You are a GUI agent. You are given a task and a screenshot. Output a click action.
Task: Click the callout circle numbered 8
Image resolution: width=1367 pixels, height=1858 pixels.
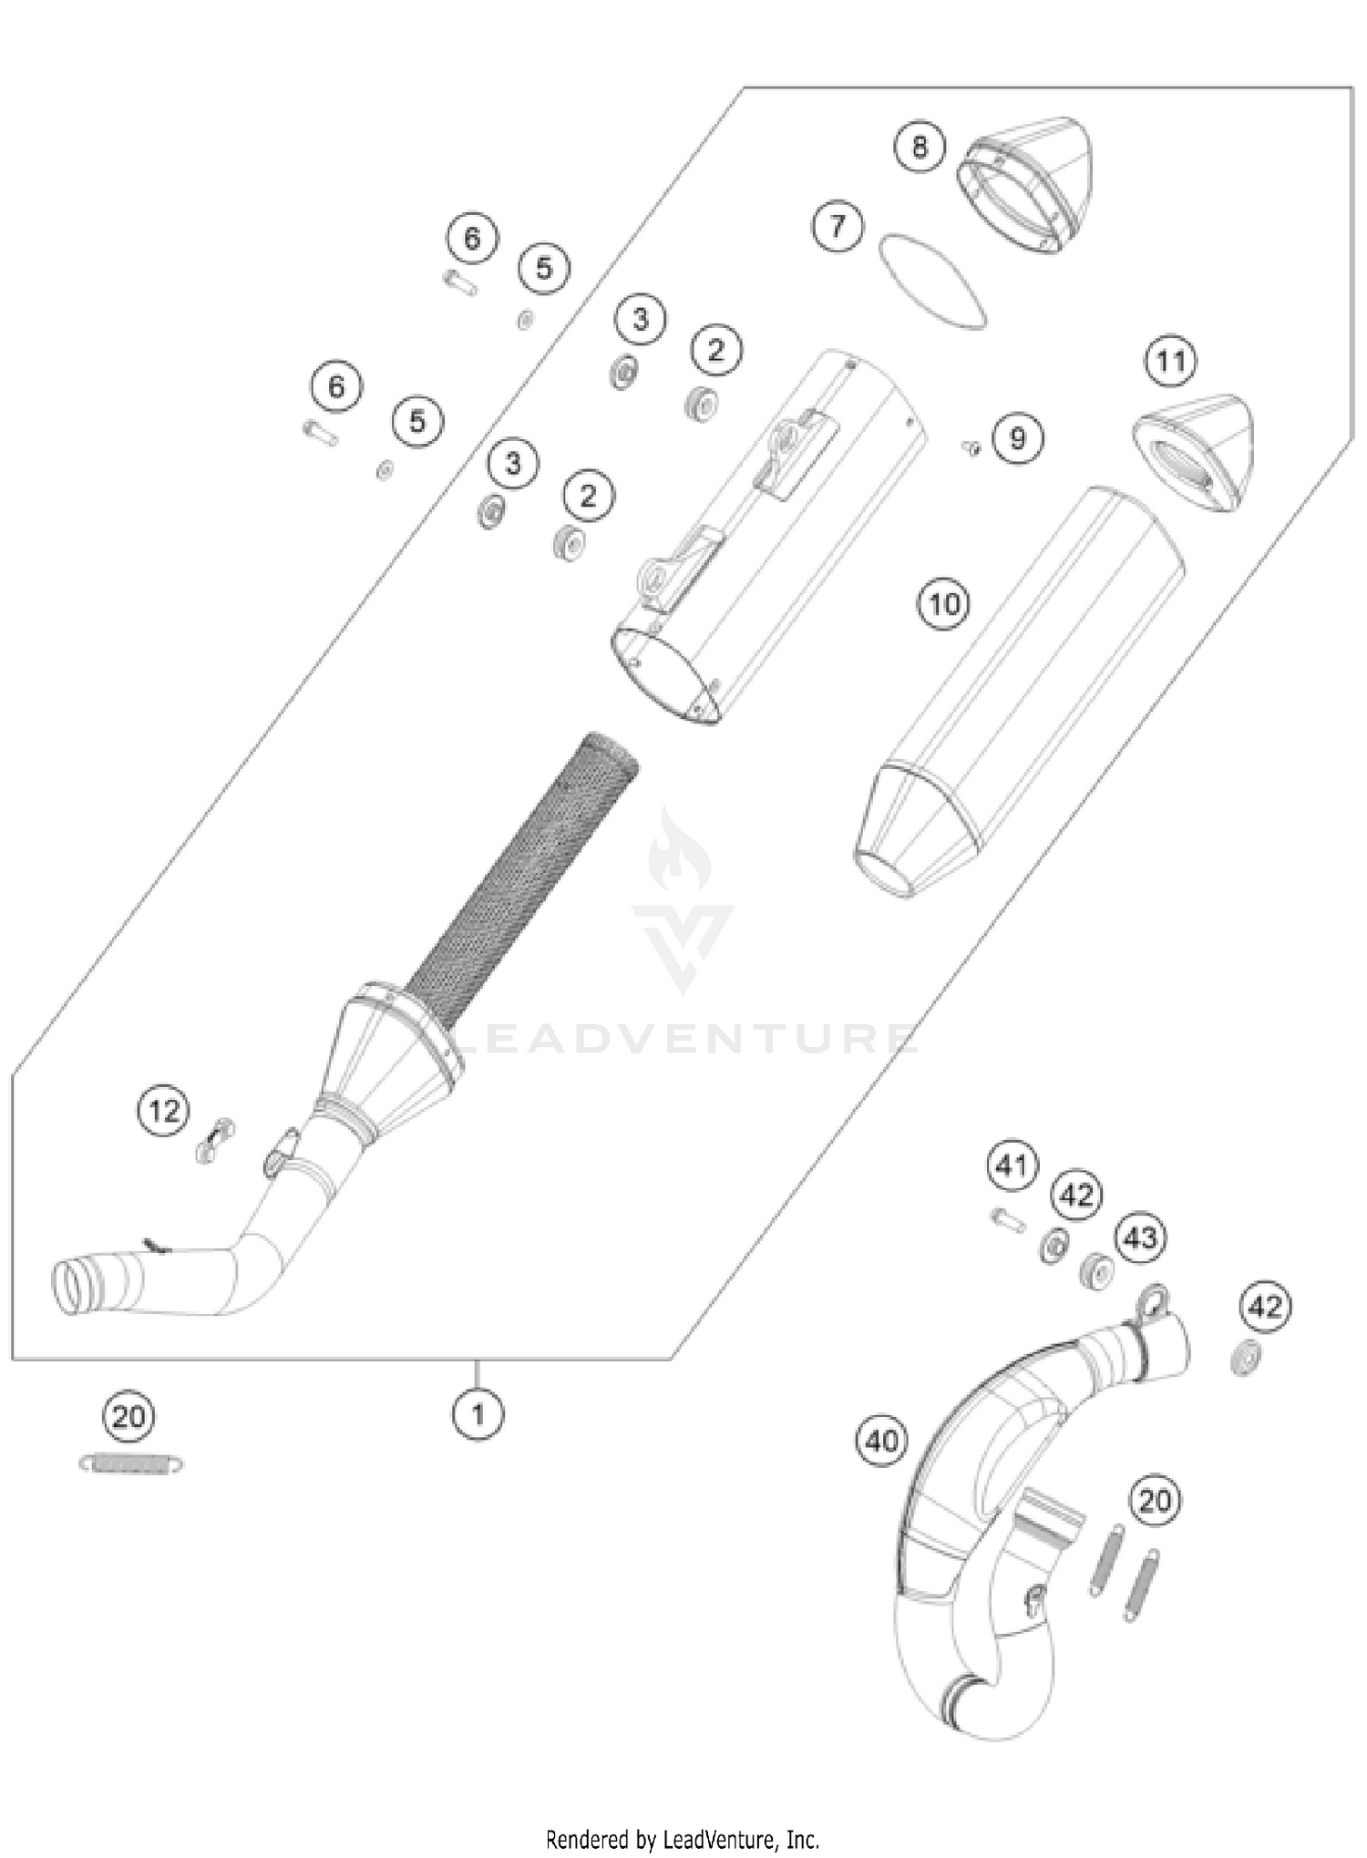(x=919, y=146)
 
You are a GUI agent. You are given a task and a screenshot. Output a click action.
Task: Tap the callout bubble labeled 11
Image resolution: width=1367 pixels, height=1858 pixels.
(x=1170, y=362)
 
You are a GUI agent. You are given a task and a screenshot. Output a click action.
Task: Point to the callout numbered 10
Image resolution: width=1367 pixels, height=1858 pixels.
(x=944, y=603)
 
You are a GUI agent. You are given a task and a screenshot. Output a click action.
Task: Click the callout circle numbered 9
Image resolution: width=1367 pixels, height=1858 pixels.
(x=1017, y=439)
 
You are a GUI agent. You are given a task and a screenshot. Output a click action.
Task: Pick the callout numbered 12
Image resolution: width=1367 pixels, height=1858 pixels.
(x=164, y=1111)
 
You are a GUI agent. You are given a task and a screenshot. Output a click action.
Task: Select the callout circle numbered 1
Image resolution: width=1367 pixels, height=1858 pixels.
(x=478, y=1414)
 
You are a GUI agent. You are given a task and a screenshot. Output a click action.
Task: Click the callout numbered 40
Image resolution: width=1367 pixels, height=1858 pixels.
(x=882, y=1441)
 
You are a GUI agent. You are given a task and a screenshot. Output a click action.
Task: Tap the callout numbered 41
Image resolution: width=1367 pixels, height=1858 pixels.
(x=1012, y=1165)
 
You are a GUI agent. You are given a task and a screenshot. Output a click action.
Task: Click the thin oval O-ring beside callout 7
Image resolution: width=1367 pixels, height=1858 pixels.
(x=931, y=282)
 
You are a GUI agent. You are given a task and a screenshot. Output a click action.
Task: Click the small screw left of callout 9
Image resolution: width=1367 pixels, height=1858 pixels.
(x=971, y=447)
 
